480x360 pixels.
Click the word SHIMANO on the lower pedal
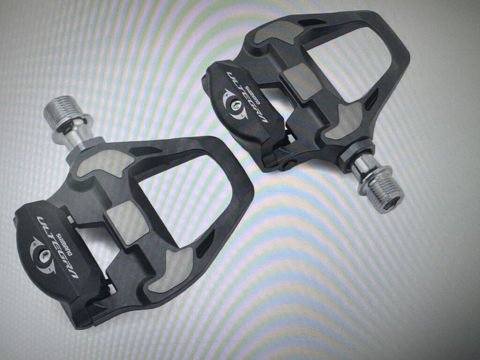(65, 244)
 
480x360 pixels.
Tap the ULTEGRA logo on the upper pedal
(247, 97)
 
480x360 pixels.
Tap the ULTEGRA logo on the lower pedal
(57, 247)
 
